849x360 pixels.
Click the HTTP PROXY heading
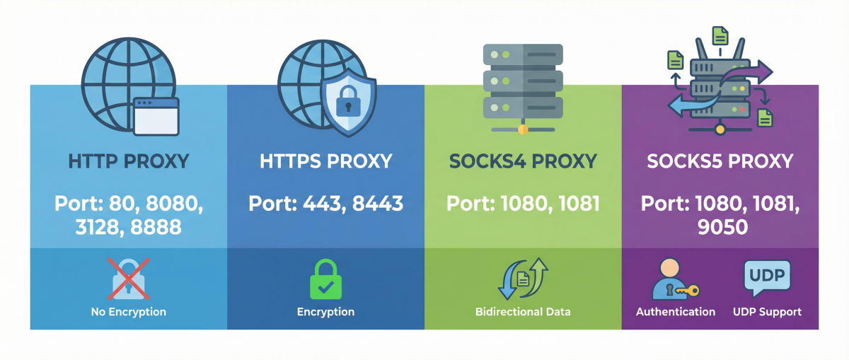[128, 161]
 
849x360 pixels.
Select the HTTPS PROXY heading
[325, 161]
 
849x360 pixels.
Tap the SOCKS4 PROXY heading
[524, 161]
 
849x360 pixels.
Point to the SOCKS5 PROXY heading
[720, 161]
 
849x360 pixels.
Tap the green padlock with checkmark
[325, 279]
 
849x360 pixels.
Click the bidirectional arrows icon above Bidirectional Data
[524, 279]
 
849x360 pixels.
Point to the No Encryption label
[128, 311]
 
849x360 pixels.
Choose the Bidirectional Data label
[524, 311]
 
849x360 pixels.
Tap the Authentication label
[675, 311]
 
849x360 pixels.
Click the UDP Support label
[767, 311]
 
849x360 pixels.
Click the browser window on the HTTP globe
[156, 116]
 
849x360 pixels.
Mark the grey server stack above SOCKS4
[522, 81]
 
